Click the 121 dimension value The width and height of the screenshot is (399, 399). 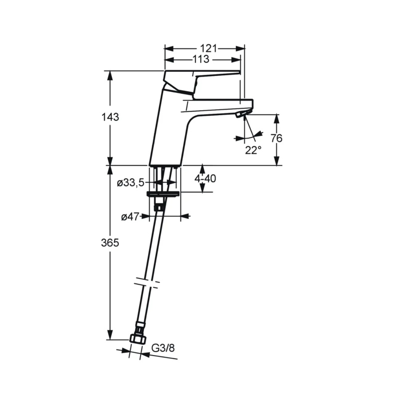click(208, 48)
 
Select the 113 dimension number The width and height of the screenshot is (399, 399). click(201, 59)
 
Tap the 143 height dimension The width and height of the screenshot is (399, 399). click(110, 117)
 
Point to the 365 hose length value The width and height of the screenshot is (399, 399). click(110, 243)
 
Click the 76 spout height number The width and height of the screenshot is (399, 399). click(276, 138)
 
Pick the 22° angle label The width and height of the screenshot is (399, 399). click(253, 150)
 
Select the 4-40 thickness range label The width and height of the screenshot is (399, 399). click(205, 179)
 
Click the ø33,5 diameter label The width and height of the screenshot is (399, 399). click(131, 183)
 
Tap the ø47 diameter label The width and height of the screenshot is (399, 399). click(130, 217)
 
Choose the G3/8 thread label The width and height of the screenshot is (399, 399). click(163, 348)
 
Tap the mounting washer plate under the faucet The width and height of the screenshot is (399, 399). click(164, 194)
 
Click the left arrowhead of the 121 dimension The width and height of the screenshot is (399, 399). click(169, 48)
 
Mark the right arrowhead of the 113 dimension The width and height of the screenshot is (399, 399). click(236, 60)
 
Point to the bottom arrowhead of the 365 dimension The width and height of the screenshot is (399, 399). click(110, 335)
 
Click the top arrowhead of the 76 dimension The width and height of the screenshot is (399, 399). click(277, 119)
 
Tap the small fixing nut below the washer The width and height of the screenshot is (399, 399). click(159, 206)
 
